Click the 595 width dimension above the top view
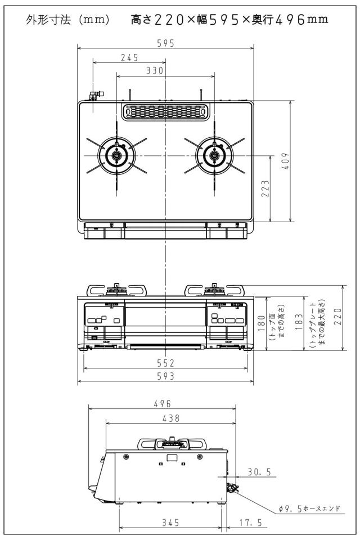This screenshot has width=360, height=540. click(x=166, y=43)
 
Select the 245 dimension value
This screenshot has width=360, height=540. click(x=129, y=57)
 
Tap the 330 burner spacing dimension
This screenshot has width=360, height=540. click(x=155, y=71)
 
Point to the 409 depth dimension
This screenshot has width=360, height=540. click(x=286, y=161)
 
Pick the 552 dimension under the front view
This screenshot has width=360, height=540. click(x=166, y=363)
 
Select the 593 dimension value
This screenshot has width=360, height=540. click(x=166, y=376)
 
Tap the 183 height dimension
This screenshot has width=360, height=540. click(x=299, y=321)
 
